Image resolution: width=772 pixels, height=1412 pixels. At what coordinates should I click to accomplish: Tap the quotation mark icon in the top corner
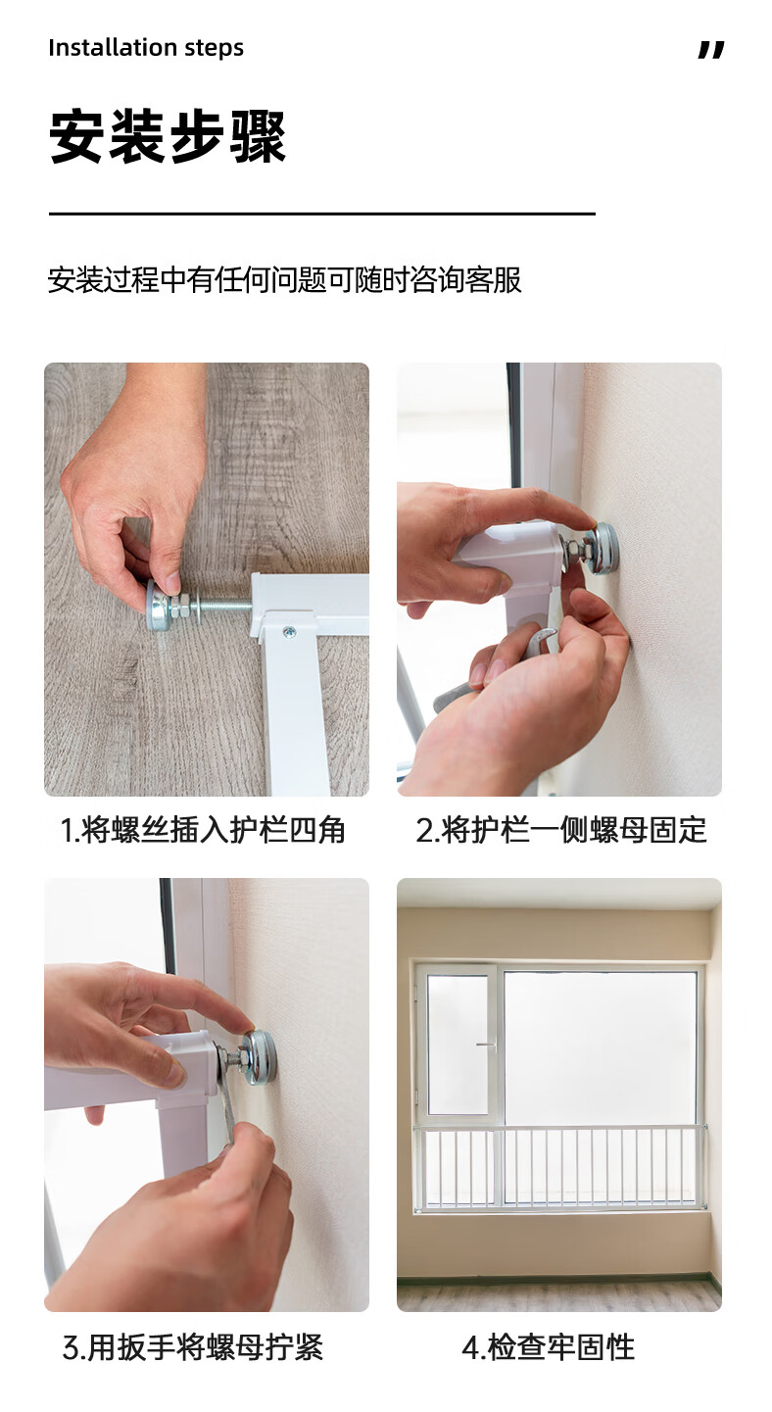tap(711, 50)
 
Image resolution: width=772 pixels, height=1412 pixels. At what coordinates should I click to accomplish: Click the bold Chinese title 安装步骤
tap(168, 137)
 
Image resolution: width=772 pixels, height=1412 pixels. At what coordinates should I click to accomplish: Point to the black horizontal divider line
tap(322, 215)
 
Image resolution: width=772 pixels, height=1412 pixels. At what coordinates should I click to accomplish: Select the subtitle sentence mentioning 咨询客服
tap(285, 280)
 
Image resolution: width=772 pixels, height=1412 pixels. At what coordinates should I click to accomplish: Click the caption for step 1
tap(202, 830)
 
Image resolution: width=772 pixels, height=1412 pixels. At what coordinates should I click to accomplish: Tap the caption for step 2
tap(561, 830)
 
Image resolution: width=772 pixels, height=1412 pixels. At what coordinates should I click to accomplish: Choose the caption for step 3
tap(193, 1347)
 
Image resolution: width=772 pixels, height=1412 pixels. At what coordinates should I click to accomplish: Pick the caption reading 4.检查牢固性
tap(548, 1347)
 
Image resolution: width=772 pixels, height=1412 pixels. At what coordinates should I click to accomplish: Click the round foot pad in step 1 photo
tap(158, 605)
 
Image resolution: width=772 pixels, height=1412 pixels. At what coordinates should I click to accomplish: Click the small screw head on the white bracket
tap(289, 631)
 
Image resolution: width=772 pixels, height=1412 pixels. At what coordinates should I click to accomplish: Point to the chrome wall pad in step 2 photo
tap(603, 549)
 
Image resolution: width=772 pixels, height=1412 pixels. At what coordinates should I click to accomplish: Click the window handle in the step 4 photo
tap(485, 1045)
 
